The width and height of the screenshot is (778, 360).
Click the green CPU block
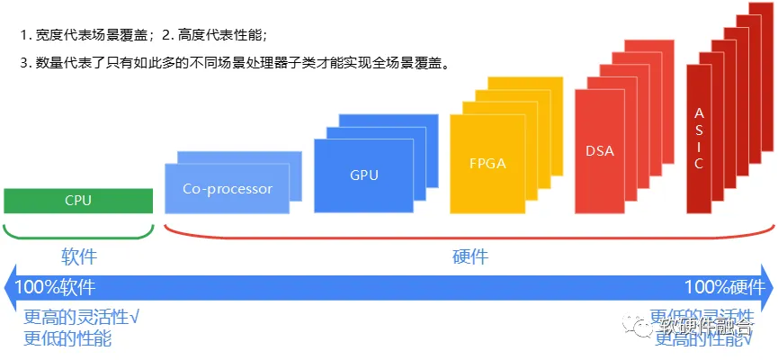click(78, 200)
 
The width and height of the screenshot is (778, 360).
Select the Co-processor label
click(227, 189)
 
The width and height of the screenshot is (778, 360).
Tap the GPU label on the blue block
click(364, 175)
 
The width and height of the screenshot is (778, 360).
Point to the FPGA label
click(487, 164)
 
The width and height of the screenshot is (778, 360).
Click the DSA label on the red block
click(599, 150)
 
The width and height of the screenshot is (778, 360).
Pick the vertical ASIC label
click(699, 139)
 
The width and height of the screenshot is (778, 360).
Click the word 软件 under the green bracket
click(78, 256)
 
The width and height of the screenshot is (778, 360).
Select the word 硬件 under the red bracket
click(469, 256)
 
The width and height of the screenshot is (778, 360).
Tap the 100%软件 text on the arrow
click(55, 288)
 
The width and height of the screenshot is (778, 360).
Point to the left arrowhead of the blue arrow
click(9, 288)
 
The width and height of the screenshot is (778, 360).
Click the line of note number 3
click(234, 63)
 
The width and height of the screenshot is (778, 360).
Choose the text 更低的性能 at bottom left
click(67, 338)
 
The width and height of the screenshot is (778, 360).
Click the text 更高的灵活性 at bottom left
click(81, 318)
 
